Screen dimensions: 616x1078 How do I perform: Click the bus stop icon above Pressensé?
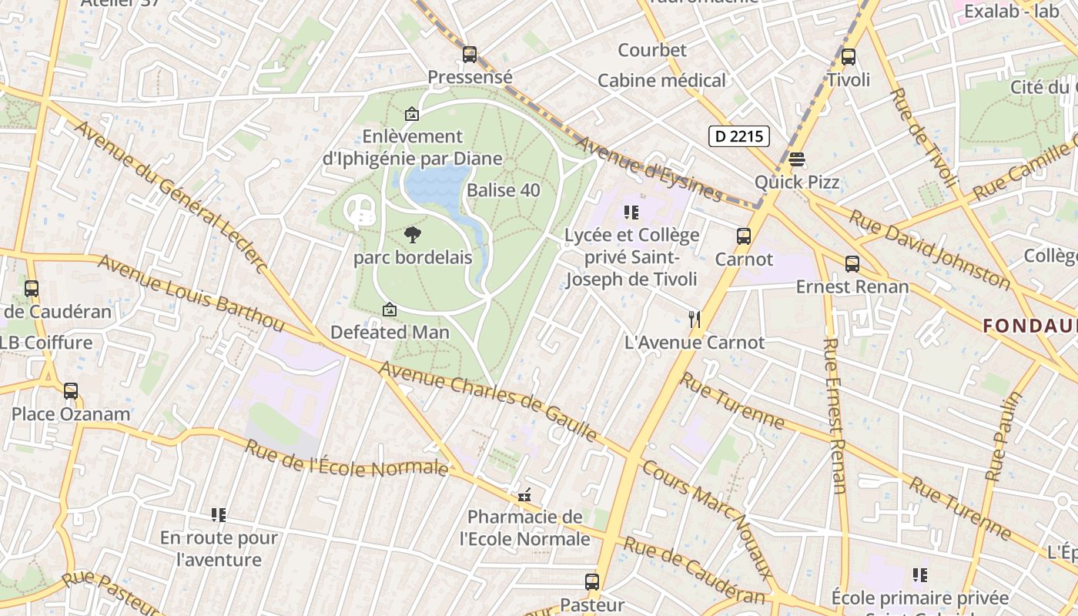coord(470,55)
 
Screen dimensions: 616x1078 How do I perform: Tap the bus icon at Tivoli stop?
coord(848,57)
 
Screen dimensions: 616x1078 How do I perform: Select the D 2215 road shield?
coord(738,136)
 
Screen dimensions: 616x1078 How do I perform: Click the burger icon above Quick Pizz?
coord(797,159)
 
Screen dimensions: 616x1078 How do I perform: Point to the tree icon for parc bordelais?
coord(413,235)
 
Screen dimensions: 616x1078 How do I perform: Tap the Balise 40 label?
coord(504,190)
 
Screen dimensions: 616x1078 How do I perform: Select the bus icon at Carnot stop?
coord(744,236)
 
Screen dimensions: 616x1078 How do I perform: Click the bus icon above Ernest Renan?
coord(852,264)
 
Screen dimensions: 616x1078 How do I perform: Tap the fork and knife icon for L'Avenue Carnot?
coord(695,319)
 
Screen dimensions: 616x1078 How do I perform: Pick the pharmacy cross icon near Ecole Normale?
coord(525,495)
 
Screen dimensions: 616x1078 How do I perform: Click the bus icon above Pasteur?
coord(591,582)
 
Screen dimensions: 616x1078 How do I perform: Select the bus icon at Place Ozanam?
coord(71,391)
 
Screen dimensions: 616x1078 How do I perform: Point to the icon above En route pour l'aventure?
coord(219,514)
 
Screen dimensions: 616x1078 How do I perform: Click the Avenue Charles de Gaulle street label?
coord(488,402)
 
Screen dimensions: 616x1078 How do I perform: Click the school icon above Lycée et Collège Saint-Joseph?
coord(631,213)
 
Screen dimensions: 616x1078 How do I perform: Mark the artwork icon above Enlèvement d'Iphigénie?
coord(412,114)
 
